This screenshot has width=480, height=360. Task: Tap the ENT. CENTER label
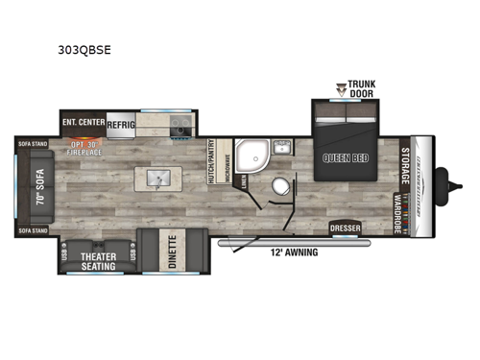click(83, 123)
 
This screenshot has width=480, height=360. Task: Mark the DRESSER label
click(345, 229)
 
